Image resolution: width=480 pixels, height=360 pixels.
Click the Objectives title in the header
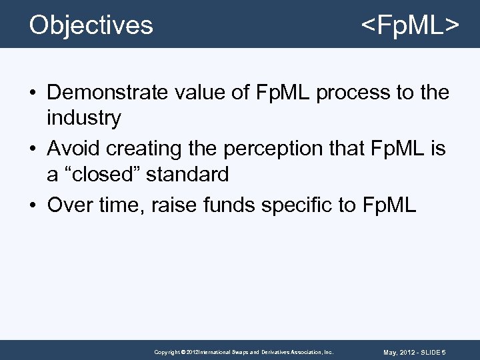click(91, 25)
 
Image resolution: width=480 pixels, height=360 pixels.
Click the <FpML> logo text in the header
click(409, 25)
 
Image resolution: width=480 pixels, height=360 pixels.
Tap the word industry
click(84, 119)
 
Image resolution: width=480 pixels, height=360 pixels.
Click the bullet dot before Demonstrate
click(33, 92)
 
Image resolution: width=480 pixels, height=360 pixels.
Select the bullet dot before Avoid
click(33, 148)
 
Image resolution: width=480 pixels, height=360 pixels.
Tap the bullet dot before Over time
click(33, 205)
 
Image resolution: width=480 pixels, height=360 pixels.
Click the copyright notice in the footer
click(243, 351)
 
